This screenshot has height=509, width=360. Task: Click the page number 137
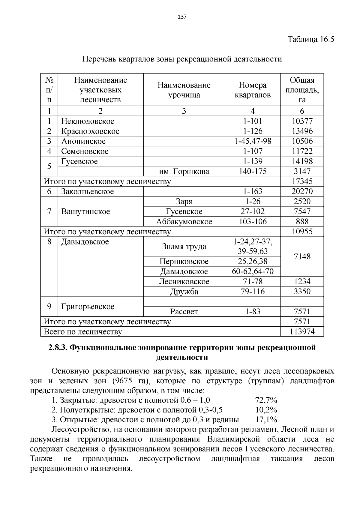(182, 17)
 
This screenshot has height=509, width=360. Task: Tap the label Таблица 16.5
(311, 39)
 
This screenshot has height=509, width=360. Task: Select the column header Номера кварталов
(253, 90)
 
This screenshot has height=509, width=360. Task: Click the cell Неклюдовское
(88, 121)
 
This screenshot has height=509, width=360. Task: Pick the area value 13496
(302, 131)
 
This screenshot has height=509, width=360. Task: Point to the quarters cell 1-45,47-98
(253, 141)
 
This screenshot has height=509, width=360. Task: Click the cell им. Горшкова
(184, 172)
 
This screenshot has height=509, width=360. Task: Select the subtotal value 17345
(302, 181)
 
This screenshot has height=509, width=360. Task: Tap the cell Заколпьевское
(88, 191)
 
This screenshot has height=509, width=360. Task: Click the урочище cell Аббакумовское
(184, 222)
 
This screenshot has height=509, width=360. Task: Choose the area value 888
(302, 222)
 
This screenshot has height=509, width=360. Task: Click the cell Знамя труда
(184, 247)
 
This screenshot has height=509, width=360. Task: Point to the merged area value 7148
(302, 256)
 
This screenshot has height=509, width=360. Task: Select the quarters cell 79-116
(253, 292)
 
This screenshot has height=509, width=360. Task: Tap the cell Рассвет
(184, 312)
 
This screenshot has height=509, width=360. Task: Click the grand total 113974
(302, 331)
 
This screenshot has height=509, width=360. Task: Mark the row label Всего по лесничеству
(83, 332)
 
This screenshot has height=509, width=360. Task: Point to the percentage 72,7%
(266, 400)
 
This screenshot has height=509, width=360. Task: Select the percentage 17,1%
(266, 419)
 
